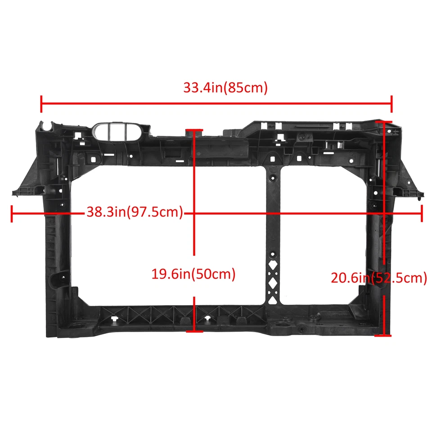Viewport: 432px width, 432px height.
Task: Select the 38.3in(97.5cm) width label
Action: click(135, 212)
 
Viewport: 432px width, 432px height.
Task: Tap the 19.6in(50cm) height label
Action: click(193, 274)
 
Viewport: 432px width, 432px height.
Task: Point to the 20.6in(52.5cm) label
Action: click(379, 278)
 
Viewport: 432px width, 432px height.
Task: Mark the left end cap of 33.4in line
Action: click(41, 104)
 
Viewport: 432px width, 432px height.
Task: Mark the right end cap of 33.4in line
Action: click(392, 104)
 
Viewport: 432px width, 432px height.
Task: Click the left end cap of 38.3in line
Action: click(11, 213)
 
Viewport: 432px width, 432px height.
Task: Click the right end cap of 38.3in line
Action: click(422, 213)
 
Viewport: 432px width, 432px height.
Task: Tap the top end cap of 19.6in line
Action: click(194, 130)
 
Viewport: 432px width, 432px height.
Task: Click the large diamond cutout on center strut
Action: click(273, 283)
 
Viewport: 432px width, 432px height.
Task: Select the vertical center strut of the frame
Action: click(273, 225)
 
